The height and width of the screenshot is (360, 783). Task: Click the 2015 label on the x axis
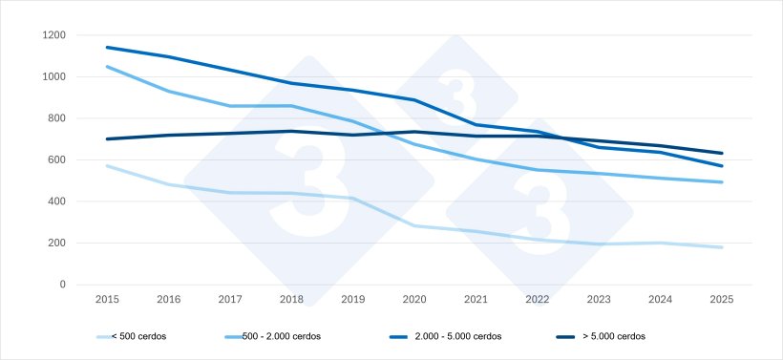point(107,300)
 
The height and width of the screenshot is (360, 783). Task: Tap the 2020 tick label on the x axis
point(414,300)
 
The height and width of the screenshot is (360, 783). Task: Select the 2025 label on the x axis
point(722,300)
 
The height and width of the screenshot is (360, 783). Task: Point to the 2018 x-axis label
point(291,300)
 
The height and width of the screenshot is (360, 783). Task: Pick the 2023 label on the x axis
point(599,300)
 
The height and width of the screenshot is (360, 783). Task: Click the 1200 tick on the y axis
point(54,35)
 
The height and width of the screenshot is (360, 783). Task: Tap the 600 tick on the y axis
point(57,160)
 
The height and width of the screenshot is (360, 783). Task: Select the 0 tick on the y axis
point(63,285)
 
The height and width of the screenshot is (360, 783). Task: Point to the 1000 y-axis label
point(54,77)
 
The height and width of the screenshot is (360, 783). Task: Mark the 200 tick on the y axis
point(57,244)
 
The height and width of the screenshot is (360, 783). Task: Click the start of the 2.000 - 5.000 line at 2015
point(107,47)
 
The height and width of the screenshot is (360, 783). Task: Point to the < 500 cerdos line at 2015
point(107,165)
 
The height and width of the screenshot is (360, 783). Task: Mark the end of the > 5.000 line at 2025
point(722,153)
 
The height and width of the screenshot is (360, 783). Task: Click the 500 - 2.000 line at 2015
point(107,67)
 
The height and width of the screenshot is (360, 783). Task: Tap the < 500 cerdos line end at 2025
point(722,247)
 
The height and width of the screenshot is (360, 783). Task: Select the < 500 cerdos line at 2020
point(414,225)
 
